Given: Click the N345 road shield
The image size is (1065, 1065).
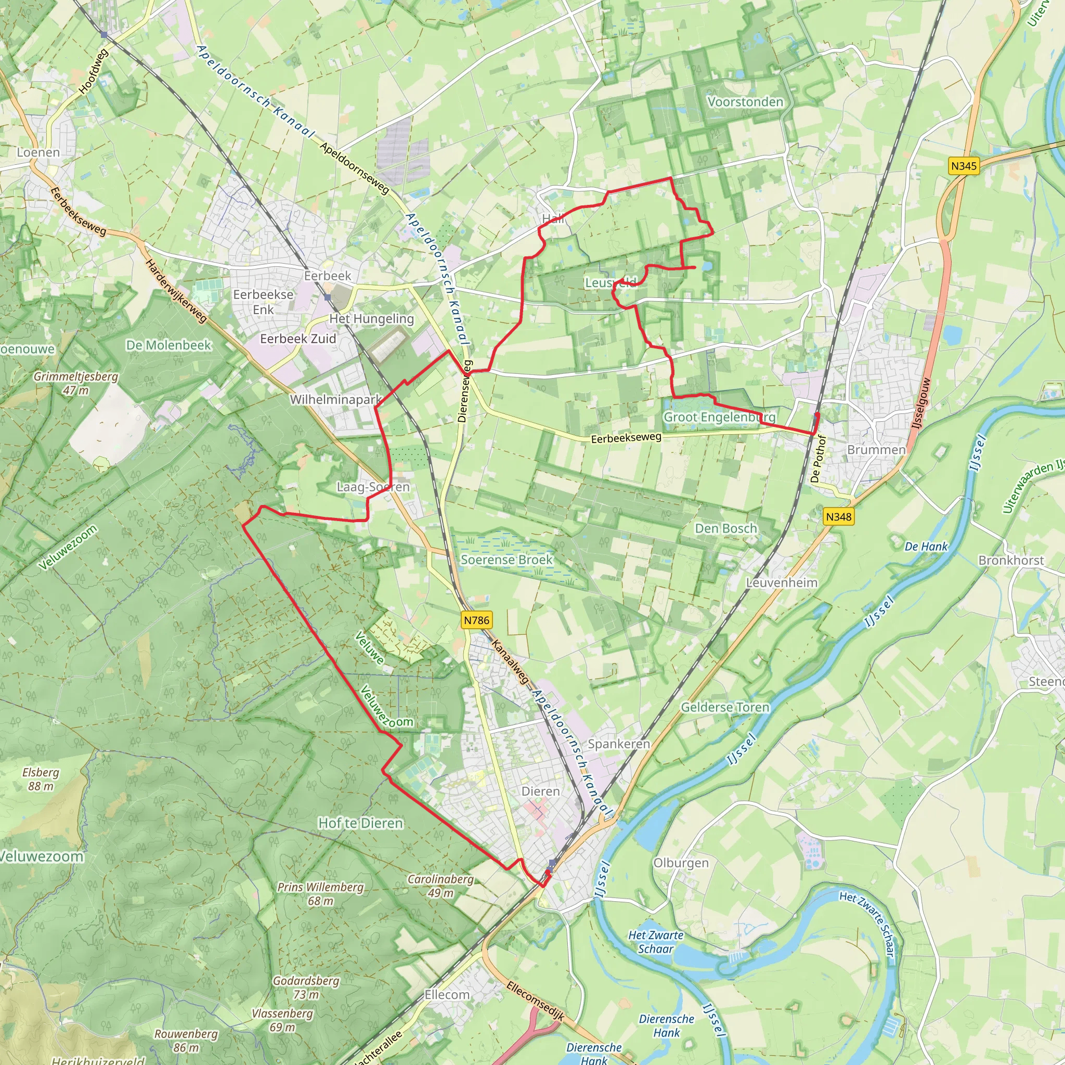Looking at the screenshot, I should tap(964, 166).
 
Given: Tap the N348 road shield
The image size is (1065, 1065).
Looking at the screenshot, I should tap(838, 516).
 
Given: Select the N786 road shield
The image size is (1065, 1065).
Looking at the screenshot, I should tap(476, 620).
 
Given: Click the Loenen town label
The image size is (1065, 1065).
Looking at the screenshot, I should tap(38, 152).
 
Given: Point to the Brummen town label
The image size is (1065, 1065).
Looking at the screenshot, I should tap(876, 450).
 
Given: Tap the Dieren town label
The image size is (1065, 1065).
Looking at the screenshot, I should tap(540, 791).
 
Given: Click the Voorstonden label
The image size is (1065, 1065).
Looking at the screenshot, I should tap(745, 102).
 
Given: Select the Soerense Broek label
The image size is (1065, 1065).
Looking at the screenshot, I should tap(506, 560).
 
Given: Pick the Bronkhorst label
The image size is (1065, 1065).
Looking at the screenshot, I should tap(1011, 560).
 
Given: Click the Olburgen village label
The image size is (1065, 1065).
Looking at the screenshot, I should tap(681, 863).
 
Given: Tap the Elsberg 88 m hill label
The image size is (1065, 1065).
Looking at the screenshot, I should tap(41, 779).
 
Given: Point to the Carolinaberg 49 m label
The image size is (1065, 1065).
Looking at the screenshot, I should tap(440, 886).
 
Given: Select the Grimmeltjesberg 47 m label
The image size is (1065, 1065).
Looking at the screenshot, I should tap(76, 383).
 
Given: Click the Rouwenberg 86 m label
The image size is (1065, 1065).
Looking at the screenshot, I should tap(186, 1041).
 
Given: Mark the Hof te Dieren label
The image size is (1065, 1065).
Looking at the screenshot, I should tap(360, 823).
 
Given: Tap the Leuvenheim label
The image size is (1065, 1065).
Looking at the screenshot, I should tap(781, 582).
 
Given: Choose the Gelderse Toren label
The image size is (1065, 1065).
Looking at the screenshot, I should tap(725, 707).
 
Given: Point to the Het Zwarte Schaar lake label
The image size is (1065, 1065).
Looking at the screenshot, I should tap(655, 942).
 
